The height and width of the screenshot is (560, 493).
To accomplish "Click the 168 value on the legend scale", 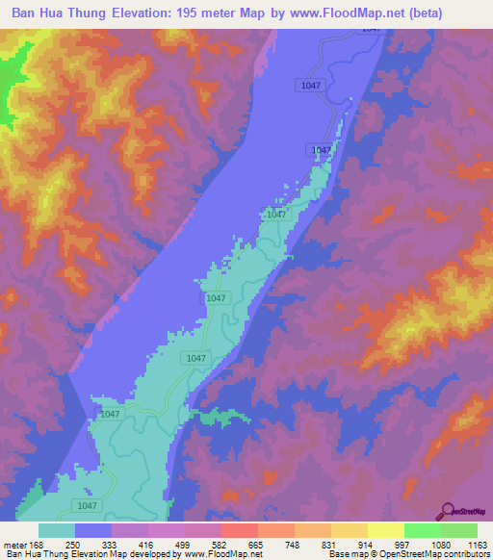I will click(38, 546).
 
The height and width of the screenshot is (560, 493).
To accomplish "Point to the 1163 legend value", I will click(477, 546).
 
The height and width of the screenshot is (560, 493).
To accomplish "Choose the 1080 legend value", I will click(441, 546).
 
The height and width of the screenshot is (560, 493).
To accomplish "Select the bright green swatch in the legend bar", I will click(422, 530).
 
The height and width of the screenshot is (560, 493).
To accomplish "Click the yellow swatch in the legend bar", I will click(385, 530).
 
